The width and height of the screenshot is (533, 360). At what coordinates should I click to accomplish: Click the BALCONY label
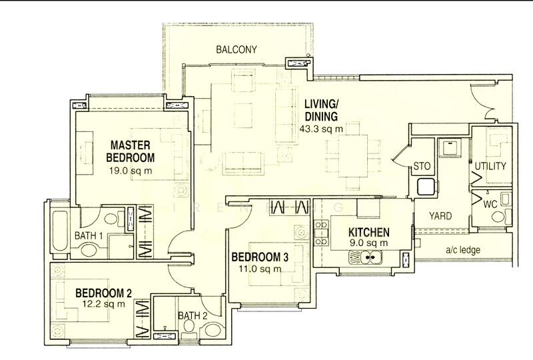click(x=237, y=50)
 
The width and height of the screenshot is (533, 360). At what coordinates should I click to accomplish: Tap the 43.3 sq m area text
click(x=321, y=129)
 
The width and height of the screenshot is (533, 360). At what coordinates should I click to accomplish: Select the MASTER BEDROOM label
click(x=130, y=151)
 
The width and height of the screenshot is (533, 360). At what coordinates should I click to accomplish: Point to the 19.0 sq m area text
click(x=131, y=171)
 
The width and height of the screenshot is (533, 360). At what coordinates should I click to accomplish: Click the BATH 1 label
click(x=89, y=235)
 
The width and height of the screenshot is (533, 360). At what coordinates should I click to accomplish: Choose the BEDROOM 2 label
click(x=103, y=293)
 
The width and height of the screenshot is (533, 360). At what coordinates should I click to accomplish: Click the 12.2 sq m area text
click(x=104, y=304)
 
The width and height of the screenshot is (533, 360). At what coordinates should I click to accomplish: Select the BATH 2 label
click(x=193, y=316)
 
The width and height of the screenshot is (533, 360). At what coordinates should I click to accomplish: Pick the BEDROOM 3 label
click(x=260, y=257)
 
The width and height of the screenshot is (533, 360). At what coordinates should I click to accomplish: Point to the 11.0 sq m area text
click(x=260, y=269)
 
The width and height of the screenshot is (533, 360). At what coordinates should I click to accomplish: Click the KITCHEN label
click(x=369, y=233)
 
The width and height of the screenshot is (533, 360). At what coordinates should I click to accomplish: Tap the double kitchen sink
click(x=365, y=257)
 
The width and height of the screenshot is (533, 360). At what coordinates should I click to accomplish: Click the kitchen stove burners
click(x=321, y=233)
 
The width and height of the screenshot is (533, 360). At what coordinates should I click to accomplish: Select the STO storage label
click(x=422, y=167)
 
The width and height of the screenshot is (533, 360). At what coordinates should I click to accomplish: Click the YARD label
click(x=440, y=216)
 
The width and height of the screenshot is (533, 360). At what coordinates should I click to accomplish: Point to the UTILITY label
click(x=490, y=166)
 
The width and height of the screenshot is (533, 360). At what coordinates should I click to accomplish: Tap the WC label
click(x=490, y=205)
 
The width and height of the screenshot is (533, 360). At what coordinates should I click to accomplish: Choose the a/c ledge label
click(x=462, y=250)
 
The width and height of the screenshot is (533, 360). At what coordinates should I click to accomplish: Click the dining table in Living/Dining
click(x=353, y=155)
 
